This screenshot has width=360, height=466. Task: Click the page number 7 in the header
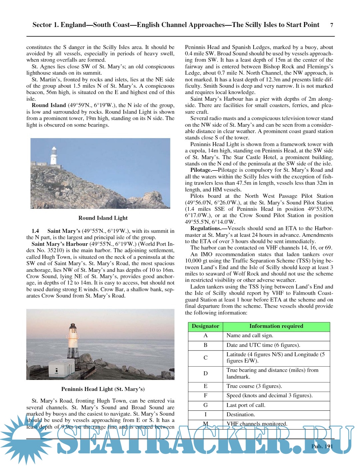pyautogui.click(x=331, y=25)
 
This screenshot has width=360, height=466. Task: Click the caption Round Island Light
pyautogui.click(x=103, y=218)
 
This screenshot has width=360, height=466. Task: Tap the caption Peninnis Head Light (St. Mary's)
pyautogui.click(x=103, y=389)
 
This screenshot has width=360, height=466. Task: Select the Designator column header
pyautogui.click(x=205, y=326)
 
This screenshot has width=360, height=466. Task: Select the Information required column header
pyautogui.click(x=276, y=326)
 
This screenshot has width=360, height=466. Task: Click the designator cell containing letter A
pyautogui.click(x=205, y=336)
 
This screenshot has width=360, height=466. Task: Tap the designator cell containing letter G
pyautogui.click(x=205, y=405)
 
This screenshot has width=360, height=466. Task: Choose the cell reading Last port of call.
pyautogui.click(x=246, y=405)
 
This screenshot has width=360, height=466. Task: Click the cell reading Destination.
pyautogui.click(x=241, y=414)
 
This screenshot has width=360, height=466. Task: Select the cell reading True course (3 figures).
pyautogui.click(x=254, y=386)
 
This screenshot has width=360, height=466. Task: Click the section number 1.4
pyautogui.click(x=35, y=231)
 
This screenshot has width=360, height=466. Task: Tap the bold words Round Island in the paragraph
pyautogui.click(x=49, y=105)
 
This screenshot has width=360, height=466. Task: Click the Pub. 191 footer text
pyautogui.click(x=322, y=446)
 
